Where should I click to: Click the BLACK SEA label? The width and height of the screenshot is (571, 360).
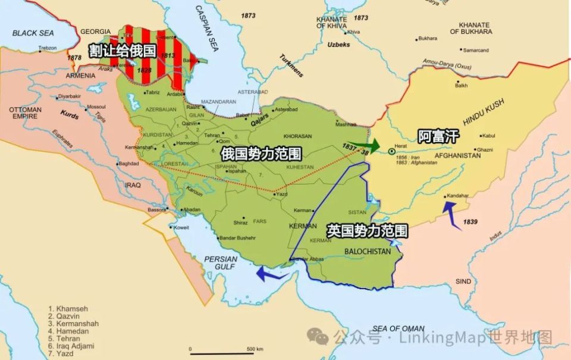coord(33,33)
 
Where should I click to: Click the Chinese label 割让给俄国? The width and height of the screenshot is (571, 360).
coord(123,51)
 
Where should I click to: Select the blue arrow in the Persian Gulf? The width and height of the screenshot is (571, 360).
coord(269,274)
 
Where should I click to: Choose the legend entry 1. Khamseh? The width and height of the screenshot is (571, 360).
coord(68,309)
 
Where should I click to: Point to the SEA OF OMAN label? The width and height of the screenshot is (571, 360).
coord(398,328)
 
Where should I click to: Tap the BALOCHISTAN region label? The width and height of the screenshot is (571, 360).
coord(368,252)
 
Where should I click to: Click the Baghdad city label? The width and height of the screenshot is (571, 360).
coord(128,164)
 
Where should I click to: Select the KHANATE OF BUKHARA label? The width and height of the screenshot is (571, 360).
coord(470,27)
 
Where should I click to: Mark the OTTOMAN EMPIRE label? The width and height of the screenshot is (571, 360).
coord(25,113)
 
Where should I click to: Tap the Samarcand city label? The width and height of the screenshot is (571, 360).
coord(475,50)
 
